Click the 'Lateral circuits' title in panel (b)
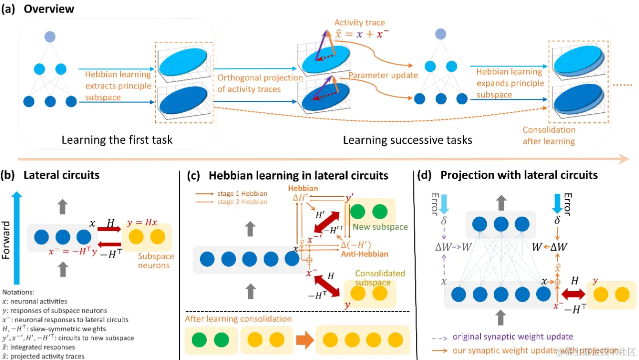61,175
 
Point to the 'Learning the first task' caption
117,139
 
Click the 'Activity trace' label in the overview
359,22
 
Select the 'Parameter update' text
383,75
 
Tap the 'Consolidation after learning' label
549,135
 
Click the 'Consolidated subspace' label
380,278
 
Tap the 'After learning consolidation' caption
238,319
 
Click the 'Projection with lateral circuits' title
519,175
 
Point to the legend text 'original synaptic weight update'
513,337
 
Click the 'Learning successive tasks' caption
407,139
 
